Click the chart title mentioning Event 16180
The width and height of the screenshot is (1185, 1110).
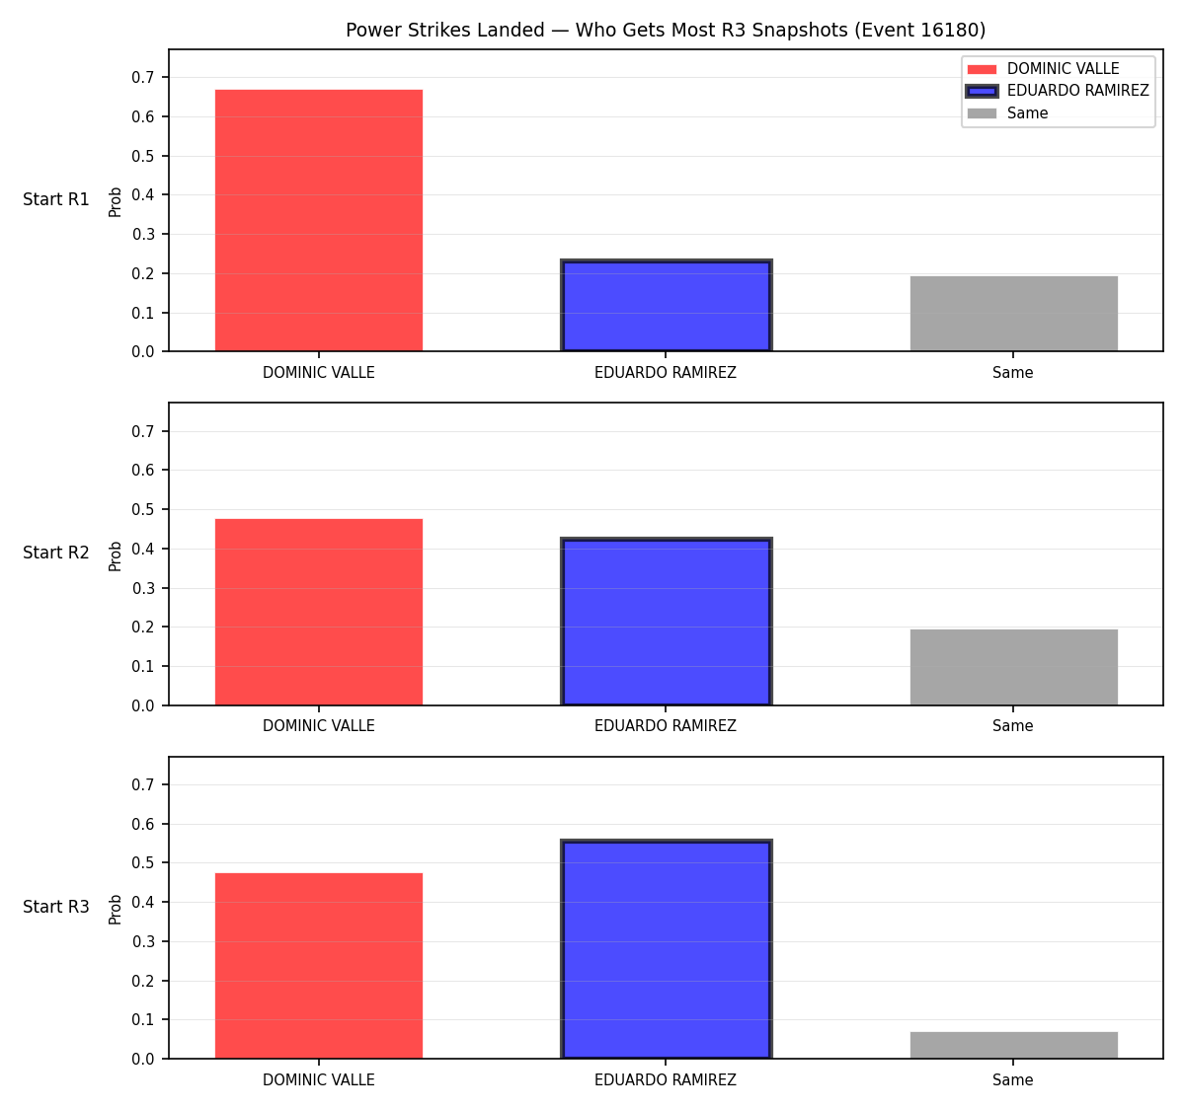click(x=666, y=30)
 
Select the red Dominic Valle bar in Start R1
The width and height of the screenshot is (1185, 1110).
click(x=319, y=220)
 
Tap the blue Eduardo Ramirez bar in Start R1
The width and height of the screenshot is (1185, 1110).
click(x=666, y=306)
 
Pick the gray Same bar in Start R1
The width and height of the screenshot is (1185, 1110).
click(x=1013, y=313)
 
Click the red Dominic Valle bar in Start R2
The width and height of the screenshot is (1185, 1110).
click(x=319, y=612)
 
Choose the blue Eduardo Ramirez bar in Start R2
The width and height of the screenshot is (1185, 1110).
click(x=666, y=622)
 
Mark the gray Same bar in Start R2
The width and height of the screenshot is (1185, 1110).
click(x=1013, y=667)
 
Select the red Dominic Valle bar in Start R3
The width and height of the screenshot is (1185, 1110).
click(x=319, y=966)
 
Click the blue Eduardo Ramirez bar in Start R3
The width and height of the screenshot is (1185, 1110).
click(x=666, y=949)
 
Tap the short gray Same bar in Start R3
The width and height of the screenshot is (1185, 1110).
click(x=1013, y=1045)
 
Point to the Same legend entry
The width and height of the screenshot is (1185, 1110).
click(x=1007, y=113)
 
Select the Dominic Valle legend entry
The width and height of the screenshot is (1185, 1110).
click(x=1043, y=69)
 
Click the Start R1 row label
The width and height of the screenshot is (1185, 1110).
click(x=56, y=199)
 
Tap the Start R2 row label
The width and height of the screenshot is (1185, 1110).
click(x=56, y=553)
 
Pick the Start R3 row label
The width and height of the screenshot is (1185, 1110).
click(x=56, y=907)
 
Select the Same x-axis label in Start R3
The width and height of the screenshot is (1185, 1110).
click(x=1012, y=1079)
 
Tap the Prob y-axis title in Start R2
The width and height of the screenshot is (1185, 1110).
click(x=116, y=555)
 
